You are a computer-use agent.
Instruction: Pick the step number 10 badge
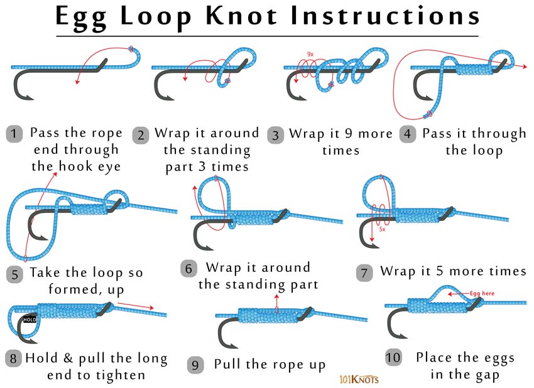point(393,358)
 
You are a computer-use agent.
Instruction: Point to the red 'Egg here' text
point(482,293)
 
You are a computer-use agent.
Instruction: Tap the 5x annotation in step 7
point(381,230)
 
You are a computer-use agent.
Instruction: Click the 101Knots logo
point(357,379)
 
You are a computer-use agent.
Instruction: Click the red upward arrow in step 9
point(277,301)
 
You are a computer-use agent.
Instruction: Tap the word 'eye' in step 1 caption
point(107,166)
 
